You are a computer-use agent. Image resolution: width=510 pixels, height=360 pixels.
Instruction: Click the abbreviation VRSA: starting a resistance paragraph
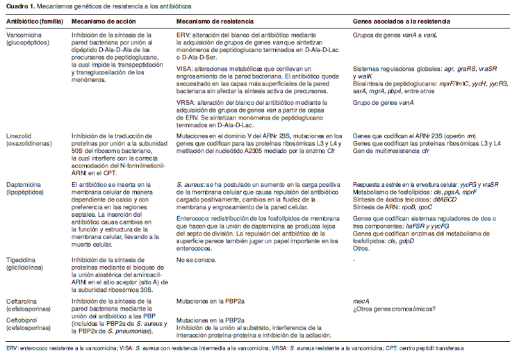186,102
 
